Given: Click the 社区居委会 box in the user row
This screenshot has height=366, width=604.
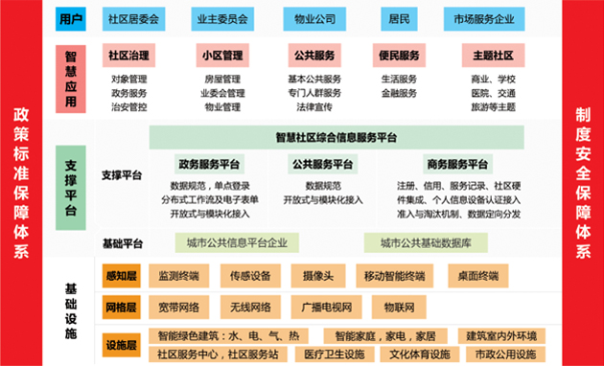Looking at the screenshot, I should [131, 18].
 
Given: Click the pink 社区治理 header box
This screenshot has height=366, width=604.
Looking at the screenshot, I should [131, 56].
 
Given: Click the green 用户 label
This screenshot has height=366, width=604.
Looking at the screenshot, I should [70, 18].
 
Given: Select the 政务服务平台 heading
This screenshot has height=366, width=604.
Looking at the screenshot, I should [209, 163].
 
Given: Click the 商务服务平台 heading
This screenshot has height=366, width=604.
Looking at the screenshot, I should [457, 163].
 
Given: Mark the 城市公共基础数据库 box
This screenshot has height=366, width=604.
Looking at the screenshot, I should [428, 242].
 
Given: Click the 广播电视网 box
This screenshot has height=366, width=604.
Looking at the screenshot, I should [314, 308].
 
